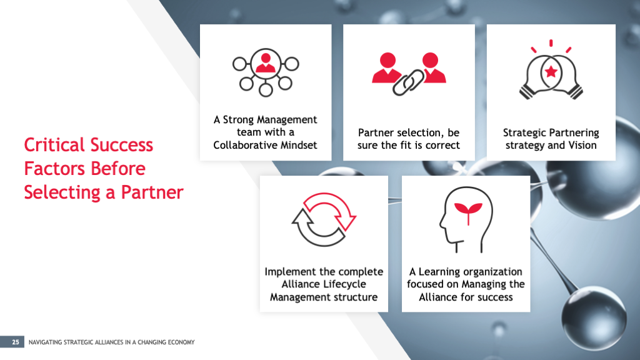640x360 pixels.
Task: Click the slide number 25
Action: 16,342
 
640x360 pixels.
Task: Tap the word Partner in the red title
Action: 152,192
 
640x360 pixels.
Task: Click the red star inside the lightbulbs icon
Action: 551,72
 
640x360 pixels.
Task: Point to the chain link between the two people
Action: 409,82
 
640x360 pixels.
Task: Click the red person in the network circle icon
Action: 266,63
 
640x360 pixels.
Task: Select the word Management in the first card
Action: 290,120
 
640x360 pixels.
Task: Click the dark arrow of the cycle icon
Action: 316,229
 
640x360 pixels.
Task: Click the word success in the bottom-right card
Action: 494,297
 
